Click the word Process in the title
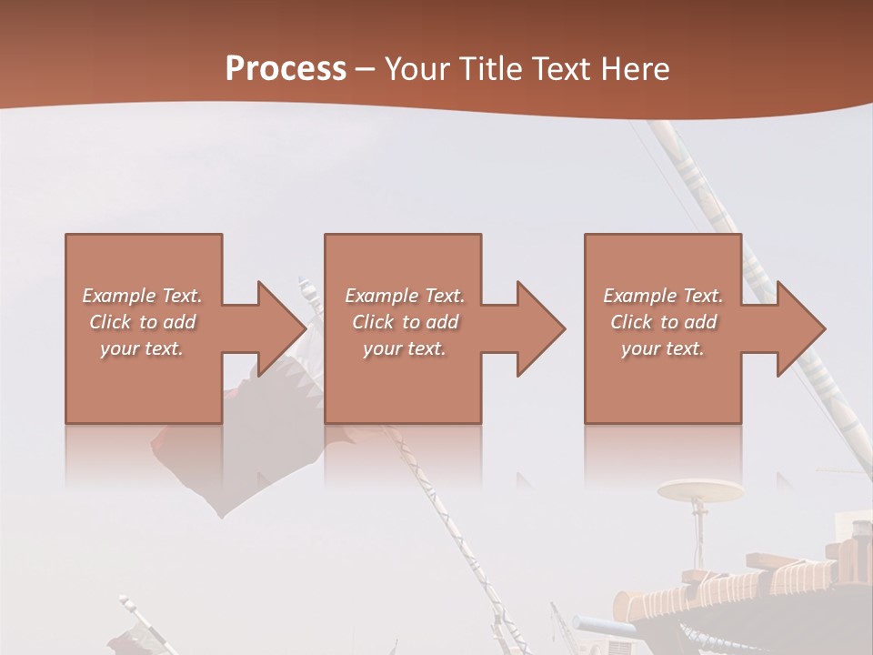pos(286,69)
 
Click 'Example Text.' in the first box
pos(142,296)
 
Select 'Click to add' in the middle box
pos(405,322)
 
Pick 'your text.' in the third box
pos(663,348)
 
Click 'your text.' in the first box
pos(142,348)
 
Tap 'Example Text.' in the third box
pos(663,296)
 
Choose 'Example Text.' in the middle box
pos(405,296)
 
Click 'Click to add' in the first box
pos(142,322)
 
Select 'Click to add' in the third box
pos(663,322)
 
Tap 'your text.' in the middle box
pos(405,348)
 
